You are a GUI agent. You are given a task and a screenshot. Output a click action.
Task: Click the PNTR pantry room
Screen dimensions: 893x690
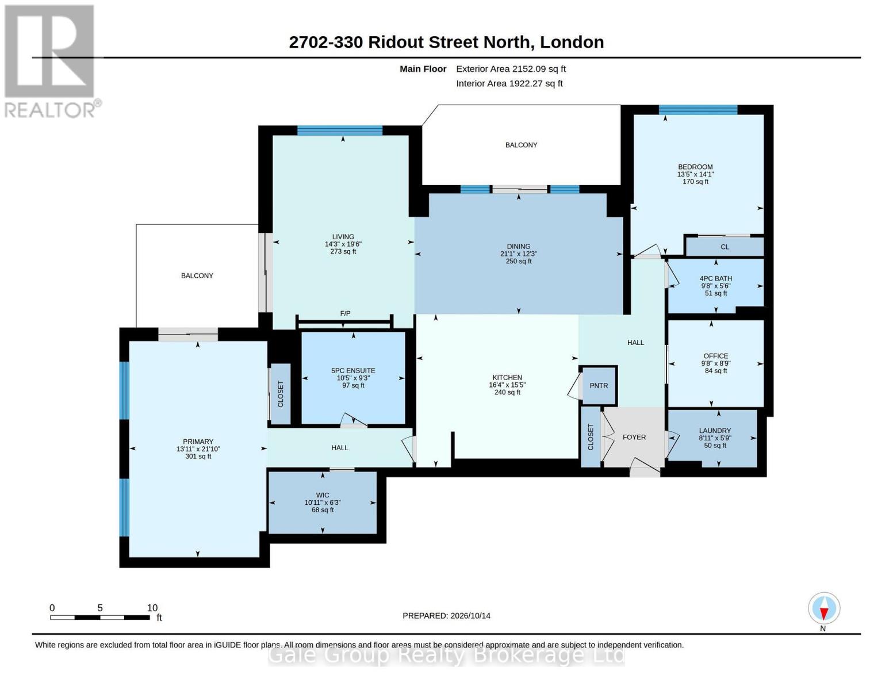pyautogui.click(x=599, y=385)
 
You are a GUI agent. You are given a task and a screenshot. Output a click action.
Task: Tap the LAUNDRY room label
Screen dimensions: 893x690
pyautogui.click(x=715, y=431)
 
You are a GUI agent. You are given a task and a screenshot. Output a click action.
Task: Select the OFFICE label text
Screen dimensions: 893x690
pyautogui.click(x=716, y=356)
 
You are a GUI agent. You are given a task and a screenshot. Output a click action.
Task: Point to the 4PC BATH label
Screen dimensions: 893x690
pyautogui.click(x=716, y=278)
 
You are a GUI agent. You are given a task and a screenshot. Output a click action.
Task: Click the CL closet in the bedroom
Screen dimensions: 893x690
pyautogui.click(x=725, y=247)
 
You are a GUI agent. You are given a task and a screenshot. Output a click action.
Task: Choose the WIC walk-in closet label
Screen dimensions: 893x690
pyautogui.click(x=323, y=495)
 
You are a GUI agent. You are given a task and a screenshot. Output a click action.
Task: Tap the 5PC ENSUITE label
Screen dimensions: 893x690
pyautogui.click(x=354, y=370)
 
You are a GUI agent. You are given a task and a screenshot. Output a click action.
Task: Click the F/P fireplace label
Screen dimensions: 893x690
pyautogui.click(x=345, y=313)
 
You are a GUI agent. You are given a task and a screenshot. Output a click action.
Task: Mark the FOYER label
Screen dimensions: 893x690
pyautogui.click(x=634, y=437)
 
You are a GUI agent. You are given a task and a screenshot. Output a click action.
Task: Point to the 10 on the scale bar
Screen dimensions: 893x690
pyautogui.click(x=152, y=608)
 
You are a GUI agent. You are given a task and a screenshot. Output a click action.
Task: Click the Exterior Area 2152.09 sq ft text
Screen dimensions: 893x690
pyautogui.click(x=511, y=69)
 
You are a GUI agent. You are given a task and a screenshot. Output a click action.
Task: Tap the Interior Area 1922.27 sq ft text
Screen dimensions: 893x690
pyautogui.click(x=509, y=83)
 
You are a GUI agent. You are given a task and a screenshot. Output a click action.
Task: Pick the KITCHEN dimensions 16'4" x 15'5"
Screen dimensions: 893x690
pyautogui.click(x=507, y=385)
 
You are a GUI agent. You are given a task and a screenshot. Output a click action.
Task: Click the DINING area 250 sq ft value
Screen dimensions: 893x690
pyautogui.click(x=519, y=262)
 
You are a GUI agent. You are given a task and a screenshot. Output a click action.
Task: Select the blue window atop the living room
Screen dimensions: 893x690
pyautogui.click(x=340, y=131)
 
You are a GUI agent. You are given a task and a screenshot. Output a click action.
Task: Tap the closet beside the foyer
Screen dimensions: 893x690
pyautogui.click(x=591, y=437)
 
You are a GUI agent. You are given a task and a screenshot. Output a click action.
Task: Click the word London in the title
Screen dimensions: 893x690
pyautogui.click(x=572, y=42)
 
